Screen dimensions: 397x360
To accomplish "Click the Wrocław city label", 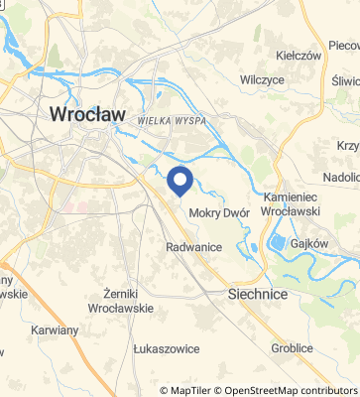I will (87, 115).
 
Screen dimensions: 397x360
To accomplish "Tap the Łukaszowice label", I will (167, 349).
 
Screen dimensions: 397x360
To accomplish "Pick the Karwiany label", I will (53, 330).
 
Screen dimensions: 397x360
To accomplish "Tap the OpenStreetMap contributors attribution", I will (293, 389).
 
